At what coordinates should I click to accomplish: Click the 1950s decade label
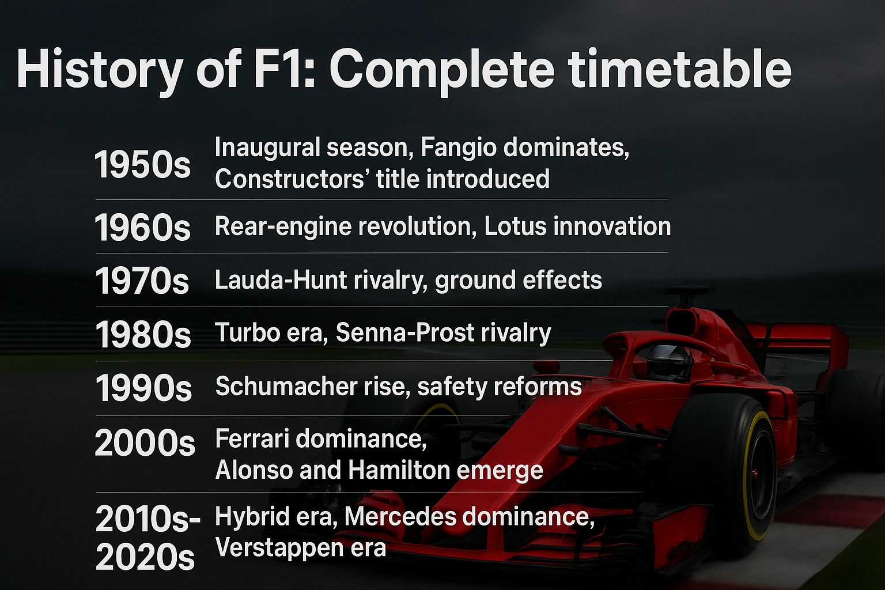click(142, 164)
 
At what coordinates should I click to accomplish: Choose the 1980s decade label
click(143, 334)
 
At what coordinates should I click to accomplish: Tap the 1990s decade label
click(143, 388)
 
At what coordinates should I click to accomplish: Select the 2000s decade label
click(145, 442)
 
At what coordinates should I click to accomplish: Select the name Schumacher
click(286, 386)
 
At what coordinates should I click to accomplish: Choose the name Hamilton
click(400, 470)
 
